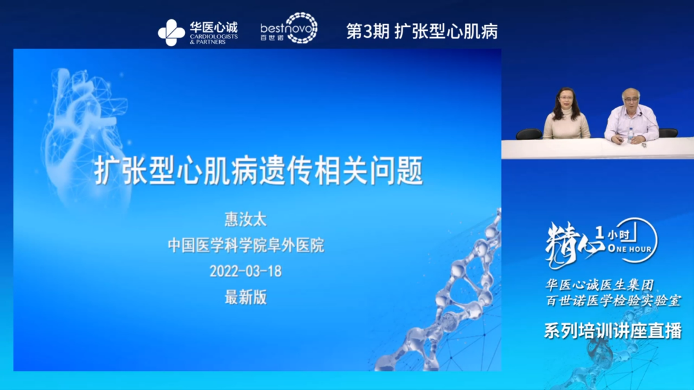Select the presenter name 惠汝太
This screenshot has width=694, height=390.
pyautogui.click(x=245, y=219)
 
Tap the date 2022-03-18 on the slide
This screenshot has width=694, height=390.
pyautogui.click(x=245, y=271)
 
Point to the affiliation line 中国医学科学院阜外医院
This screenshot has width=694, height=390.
pyautogui.click(x=245, y=245)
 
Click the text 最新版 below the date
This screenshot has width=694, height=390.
pyautogui.click(x=245, y=297)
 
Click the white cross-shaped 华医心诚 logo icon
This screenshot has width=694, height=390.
pyautogui.click(x=171, y=32)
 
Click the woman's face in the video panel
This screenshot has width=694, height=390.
pyautogui.click(x=567, y=99)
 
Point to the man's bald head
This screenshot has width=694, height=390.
pyautogui.click(x=630, y=94)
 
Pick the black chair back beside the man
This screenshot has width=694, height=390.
pyautogui.click(x=668, y=132)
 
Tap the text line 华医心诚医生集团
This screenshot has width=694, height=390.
pyautogui.click(x=598, y=284)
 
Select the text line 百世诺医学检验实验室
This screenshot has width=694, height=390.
pyautogui.click(x=612, y=300)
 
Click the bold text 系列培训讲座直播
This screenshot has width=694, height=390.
pyautogui.click(x=612, y=330)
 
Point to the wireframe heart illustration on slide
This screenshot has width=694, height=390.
pyautogui.click(x=80, y=135)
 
